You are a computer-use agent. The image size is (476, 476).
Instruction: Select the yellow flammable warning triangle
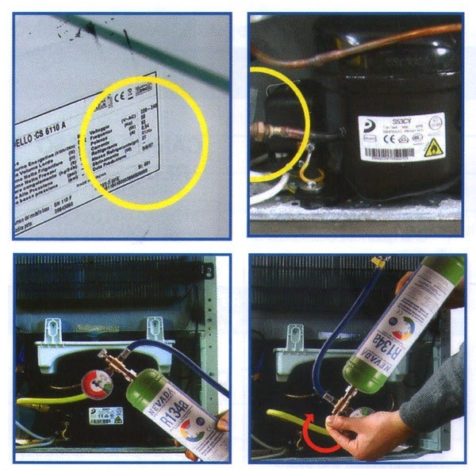435,148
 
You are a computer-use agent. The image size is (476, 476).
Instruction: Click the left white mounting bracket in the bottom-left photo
54,331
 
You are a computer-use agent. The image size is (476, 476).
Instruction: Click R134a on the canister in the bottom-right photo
380,340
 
